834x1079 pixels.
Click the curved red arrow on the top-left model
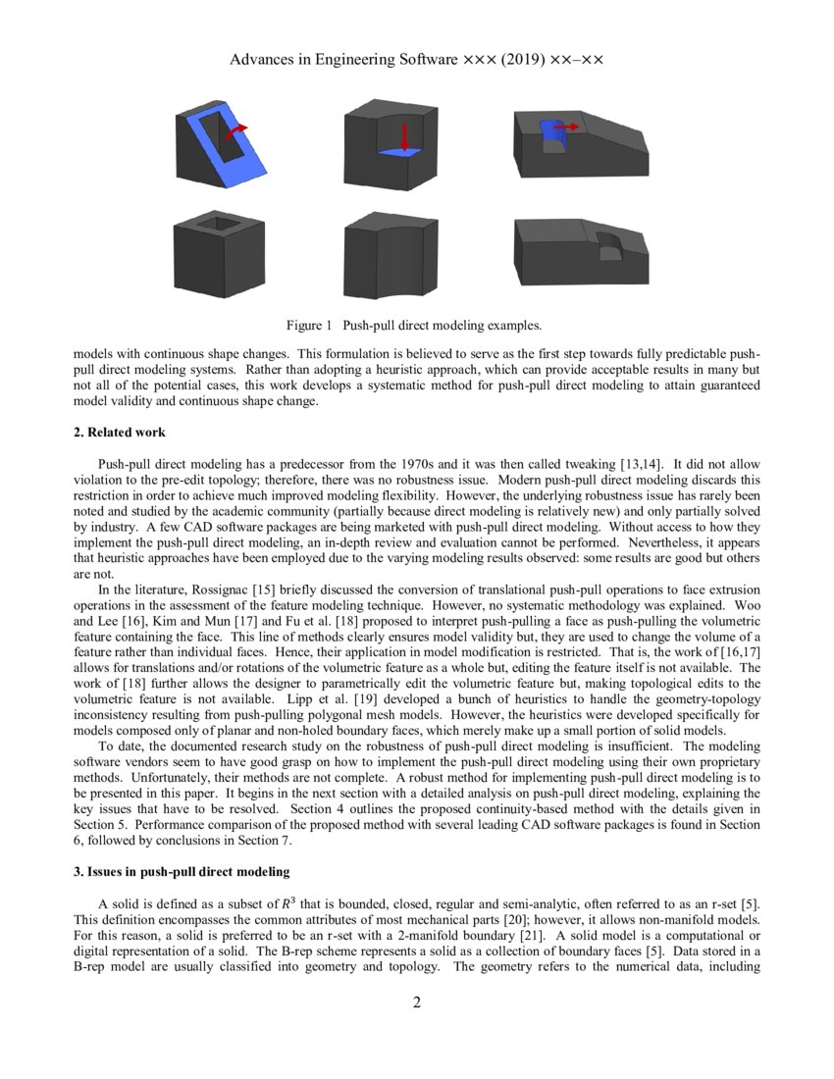point(235,130)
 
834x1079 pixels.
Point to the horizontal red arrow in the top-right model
point(565,127)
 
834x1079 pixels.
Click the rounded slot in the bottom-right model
point(609,246)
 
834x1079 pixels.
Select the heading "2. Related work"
point(122,432)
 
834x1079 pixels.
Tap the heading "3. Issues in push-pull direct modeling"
point(181,871)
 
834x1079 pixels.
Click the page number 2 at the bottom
point(417,1002)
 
